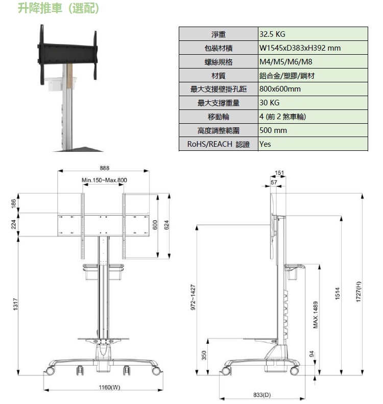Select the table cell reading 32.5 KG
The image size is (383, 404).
272,34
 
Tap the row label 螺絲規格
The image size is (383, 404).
218,62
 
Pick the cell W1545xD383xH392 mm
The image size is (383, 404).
300,48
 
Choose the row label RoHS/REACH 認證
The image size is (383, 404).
218,144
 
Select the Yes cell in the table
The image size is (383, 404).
265,144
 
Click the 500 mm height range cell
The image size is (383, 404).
273,130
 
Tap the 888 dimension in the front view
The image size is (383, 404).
104,168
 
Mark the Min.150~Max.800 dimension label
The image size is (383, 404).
104,180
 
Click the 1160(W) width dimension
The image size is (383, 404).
109,387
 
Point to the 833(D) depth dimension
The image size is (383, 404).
262,395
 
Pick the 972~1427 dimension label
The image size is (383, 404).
193,297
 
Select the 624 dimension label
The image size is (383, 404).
167,225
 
